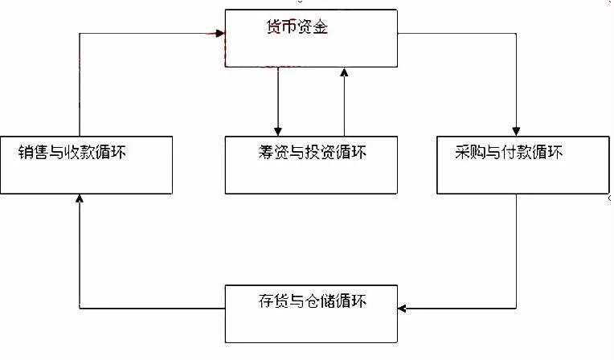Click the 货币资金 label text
(x=297, y=27)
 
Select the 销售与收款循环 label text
(x=72, y=152)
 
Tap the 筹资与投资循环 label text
(x=312, y=152)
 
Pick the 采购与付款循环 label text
(x=509, y=152)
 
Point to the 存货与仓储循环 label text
(x=312, y=301)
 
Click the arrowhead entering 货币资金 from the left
(x=220, y=33)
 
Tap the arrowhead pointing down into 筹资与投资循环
(x=278, y=131)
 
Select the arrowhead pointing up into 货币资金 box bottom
(x=344, y=72)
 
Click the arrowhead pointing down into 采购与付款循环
(x=516, y=131)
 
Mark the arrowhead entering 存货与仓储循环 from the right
(x=402, y=309)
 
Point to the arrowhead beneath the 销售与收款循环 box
(x=80, y=198)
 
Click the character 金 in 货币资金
(x=321, y=27)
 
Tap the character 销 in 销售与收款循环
(x=26, y=152)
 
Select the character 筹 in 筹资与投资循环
(x=266, y=152)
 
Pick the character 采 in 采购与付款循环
(x=462, y=152)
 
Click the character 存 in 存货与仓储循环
(x=266, y=301)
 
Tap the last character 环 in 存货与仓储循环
(x=358, y=301)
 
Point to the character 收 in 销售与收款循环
(x=72, y=152)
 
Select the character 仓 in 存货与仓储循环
(x=312, y=301)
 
